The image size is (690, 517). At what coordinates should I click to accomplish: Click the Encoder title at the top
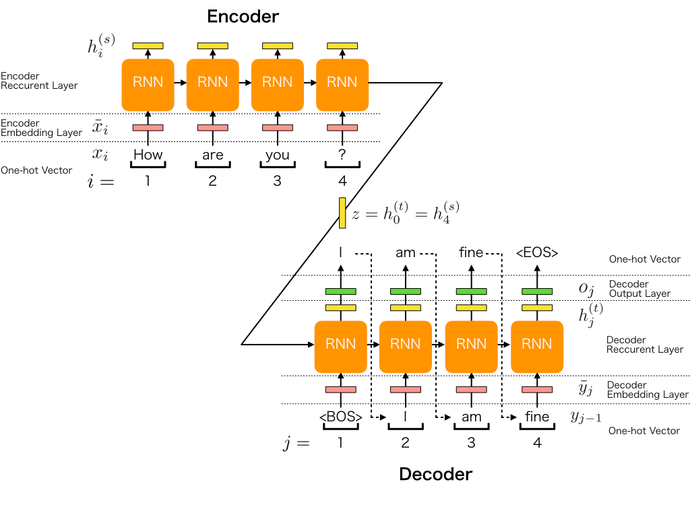243,16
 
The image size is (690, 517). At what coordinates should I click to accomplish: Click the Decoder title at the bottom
435,474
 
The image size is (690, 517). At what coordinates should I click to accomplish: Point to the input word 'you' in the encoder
277,155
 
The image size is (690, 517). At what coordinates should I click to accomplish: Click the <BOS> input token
341,417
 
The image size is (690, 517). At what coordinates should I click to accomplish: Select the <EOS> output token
537,253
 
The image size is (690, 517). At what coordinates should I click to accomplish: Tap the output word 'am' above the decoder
406,253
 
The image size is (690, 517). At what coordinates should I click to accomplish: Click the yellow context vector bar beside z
342,213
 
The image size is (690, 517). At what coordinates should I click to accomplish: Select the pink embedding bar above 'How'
148,128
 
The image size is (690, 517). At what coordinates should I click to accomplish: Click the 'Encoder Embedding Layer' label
41,128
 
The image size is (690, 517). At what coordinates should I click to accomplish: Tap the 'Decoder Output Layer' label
639,289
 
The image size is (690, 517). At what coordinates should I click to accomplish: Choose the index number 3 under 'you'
277,180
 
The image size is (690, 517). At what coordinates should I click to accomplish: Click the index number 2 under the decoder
406,442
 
